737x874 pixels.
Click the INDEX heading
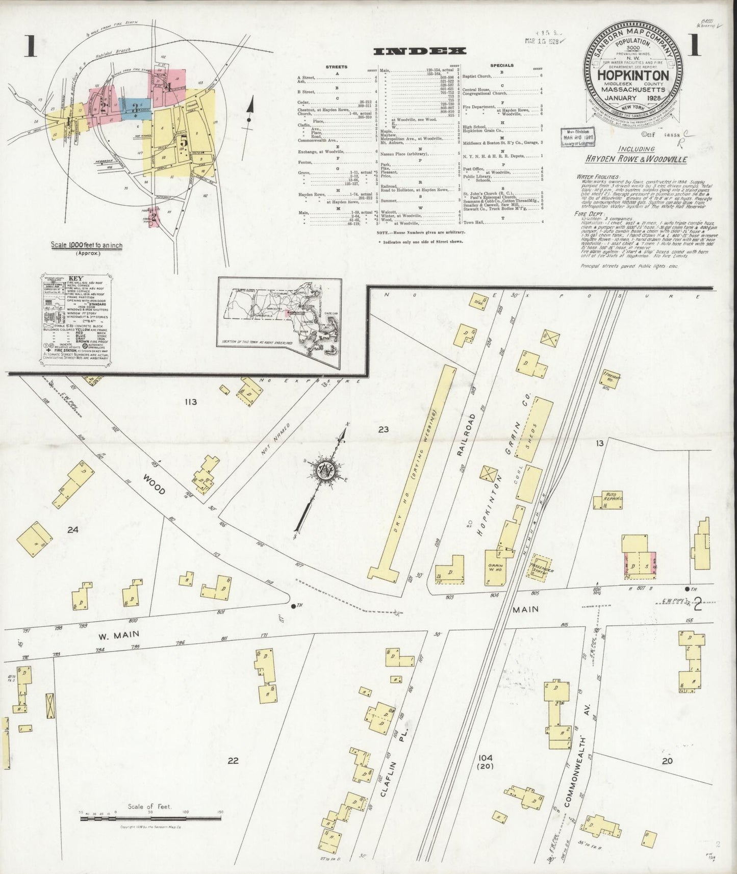point(420,51)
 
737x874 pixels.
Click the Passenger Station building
point(540,567)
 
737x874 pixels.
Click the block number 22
point(233,761)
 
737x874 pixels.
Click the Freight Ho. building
point(611,378)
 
